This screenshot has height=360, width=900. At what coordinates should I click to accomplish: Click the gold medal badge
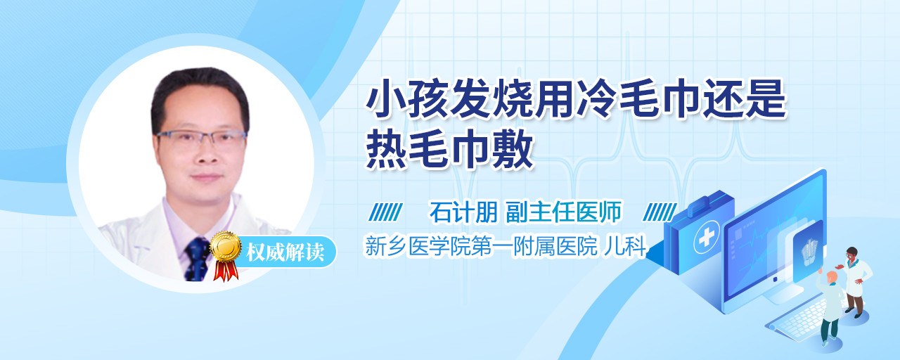(226, 247)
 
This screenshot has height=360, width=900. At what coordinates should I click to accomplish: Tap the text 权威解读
(285, 252)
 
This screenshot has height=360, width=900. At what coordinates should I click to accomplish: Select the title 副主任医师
(563, 212)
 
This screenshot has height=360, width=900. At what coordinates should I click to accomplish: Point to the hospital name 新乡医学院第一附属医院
(481, 246)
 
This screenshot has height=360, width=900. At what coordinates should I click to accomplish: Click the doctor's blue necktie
(198, 259)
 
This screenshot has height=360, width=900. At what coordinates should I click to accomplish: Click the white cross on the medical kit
(706, 237)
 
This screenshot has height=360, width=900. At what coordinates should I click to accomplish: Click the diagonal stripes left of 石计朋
(385, 212)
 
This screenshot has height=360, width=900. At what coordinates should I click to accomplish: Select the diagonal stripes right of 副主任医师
(660, 212)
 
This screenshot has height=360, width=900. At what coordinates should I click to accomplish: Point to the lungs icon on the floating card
(809, 250)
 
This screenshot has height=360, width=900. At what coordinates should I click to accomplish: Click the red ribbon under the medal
(226, 271)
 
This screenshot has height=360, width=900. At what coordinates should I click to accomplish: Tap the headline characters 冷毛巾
(638, 99)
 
